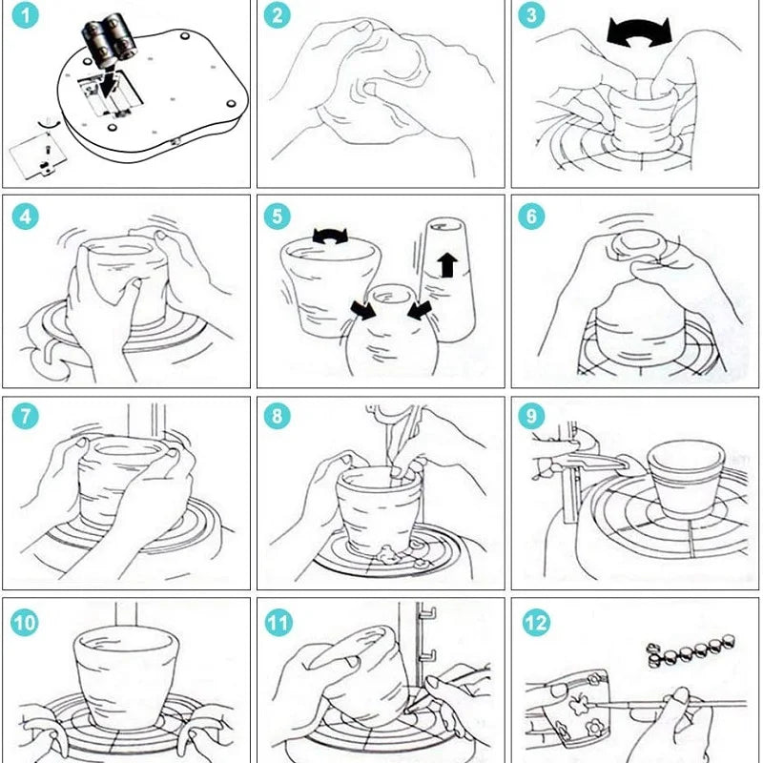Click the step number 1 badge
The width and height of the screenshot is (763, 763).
pos(26,17)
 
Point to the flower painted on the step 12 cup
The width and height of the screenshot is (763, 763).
pos(576,698)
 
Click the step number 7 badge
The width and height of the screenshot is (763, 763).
pos(26,417)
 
